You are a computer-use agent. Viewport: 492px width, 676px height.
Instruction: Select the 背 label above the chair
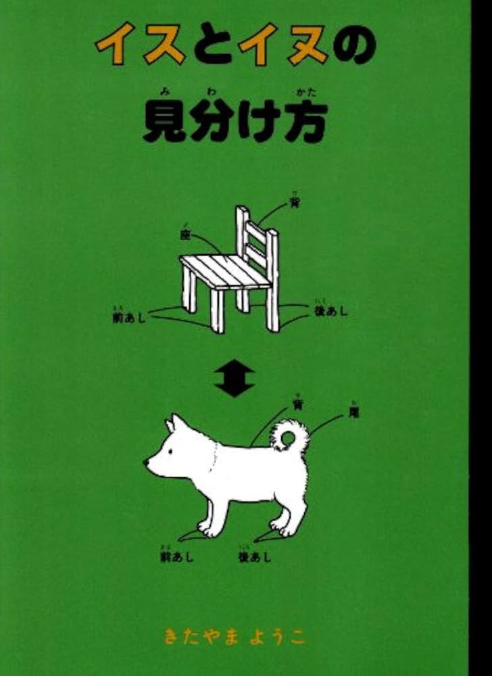tap(295, 203)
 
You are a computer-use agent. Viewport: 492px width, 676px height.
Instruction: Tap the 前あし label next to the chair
tap(128, 316)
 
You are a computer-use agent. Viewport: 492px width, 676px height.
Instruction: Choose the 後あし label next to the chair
tap(330, 312)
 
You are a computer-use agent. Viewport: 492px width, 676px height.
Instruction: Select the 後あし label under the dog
tap(254, 556)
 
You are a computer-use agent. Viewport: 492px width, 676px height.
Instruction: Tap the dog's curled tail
tap(291, 436)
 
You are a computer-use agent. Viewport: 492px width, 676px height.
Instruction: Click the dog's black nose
tap(147, 462)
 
